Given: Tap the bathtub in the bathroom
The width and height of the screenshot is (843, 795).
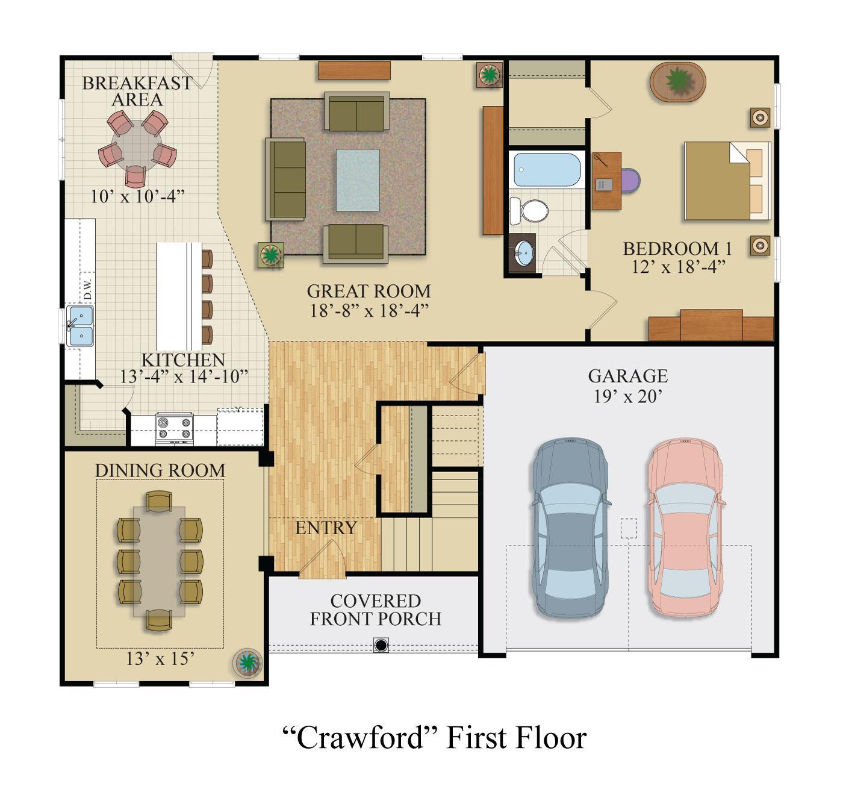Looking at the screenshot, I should pyautogui.click(x=546, y=170).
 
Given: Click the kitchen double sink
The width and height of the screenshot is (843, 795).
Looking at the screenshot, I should pyautogui.click(x=79, y=326).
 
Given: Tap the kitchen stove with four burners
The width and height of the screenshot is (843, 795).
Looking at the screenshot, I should pyautogui.click(x=174, y=428).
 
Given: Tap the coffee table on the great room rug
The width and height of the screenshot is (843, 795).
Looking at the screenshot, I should pyautogui.click(x=358, y=180).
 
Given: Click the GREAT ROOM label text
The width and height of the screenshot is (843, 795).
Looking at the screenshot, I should pyautogui.click(x=369, y=291).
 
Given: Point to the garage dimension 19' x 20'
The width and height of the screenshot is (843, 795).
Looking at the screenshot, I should pyautogui.click(x=627, y=396).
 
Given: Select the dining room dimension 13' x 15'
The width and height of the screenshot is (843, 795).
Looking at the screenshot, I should pyautogui.click(x=160, y=658).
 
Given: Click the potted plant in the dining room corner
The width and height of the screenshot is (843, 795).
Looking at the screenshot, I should pyautogui.click(x=247, y=662).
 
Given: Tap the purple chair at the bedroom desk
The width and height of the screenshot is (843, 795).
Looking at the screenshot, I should pyautogui.click(x=629, y=181).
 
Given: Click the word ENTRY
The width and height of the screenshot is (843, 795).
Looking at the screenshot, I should pyautogui.click(x=326, y=528).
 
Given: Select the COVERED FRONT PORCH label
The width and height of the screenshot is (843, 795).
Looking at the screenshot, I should pyautogui.click(x=376, y=609).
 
